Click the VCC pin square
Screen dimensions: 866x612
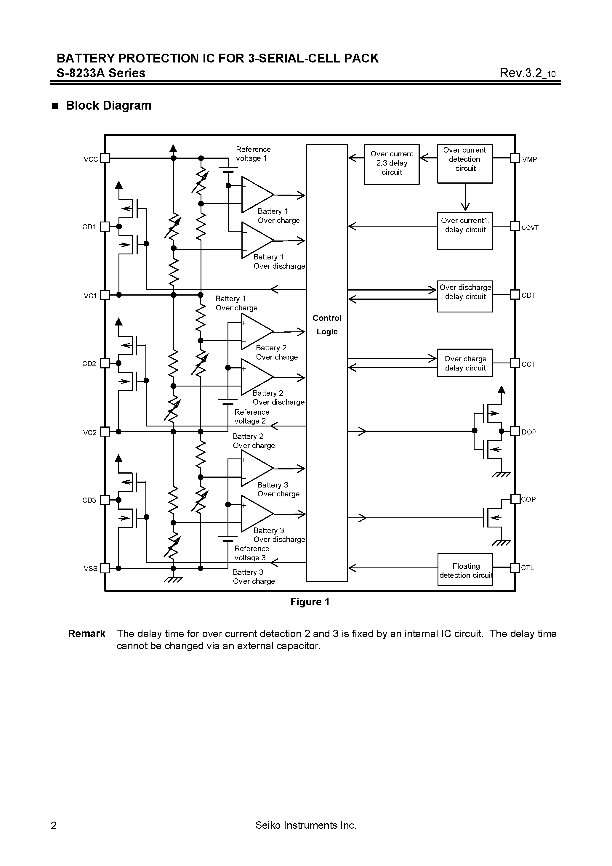tap(105, 158)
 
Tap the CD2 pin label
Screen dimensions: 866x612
tap(89, 364)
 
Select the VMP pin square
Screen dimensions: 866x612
tap(515, 158)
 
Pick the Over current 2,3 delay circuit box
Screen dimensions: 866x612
tap(391, 164)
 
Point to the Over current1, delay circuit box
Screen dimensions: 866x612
tap(465, 231)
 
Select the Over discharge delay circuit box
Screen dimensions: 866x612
tap(465, 296)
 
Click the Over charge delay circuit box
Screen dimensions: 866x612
tap(465, 363)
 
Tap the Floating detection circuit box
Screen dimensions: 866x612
tap(465, 569)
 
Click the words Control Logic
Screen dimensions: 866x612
tap(327, 325)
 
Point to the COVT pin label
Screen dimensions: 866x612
tap(530, 228)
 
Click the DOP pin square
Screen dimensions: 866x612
tap(515, 431)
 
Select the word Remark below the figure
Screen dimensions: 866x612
tap(86, 634)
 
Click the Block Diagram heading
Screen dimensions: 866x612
tap(108, 105)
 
